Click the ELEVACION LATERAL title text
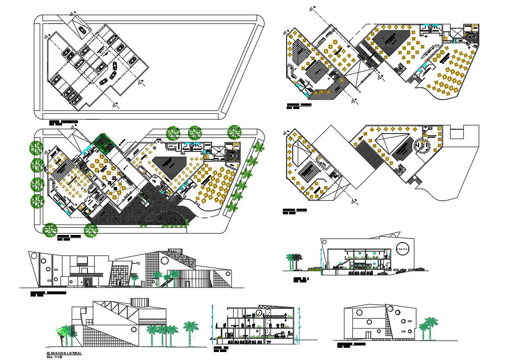pos(64,352)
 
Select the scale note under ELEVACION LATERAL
pos(55,356)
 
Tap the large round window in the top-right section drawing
pos(402,248)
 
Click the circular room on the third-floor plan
pos(421,146)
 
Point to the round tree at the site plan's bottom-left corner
pos(50,230)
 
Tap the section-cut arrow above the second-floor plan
pos(311,8)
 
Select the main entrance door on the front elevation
pos(87,282)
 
